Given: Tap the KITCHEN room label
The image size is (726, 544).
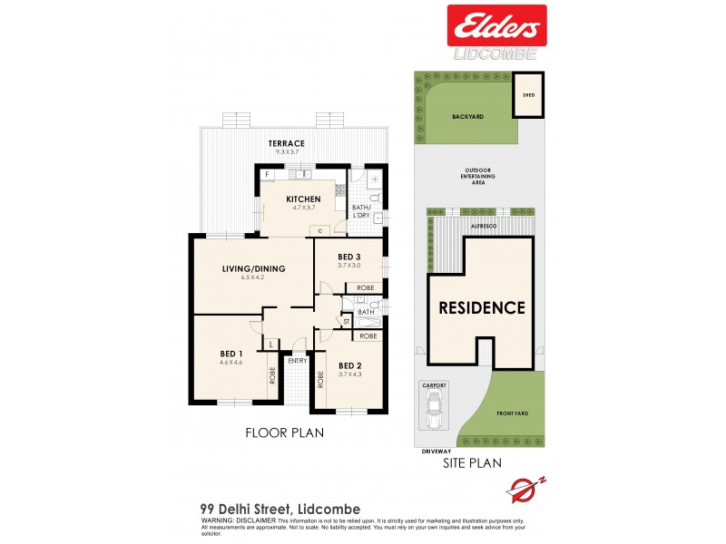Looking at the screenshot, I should [x=303, y=199].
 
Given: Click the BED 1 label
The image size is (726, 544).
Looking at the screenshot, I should [x=231, y=353].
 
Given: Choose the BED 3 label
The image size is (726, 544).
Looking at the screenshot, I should [x=348, y=256].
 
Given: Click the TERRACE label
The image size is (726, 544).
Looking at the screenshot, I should [x=286, y=143].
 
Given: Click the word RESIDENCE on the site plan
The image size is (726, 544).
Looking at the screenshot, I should [x=482, y=307].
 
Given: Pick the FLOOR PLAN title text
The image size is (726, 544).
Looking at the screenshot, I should [x=285, y=433].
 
